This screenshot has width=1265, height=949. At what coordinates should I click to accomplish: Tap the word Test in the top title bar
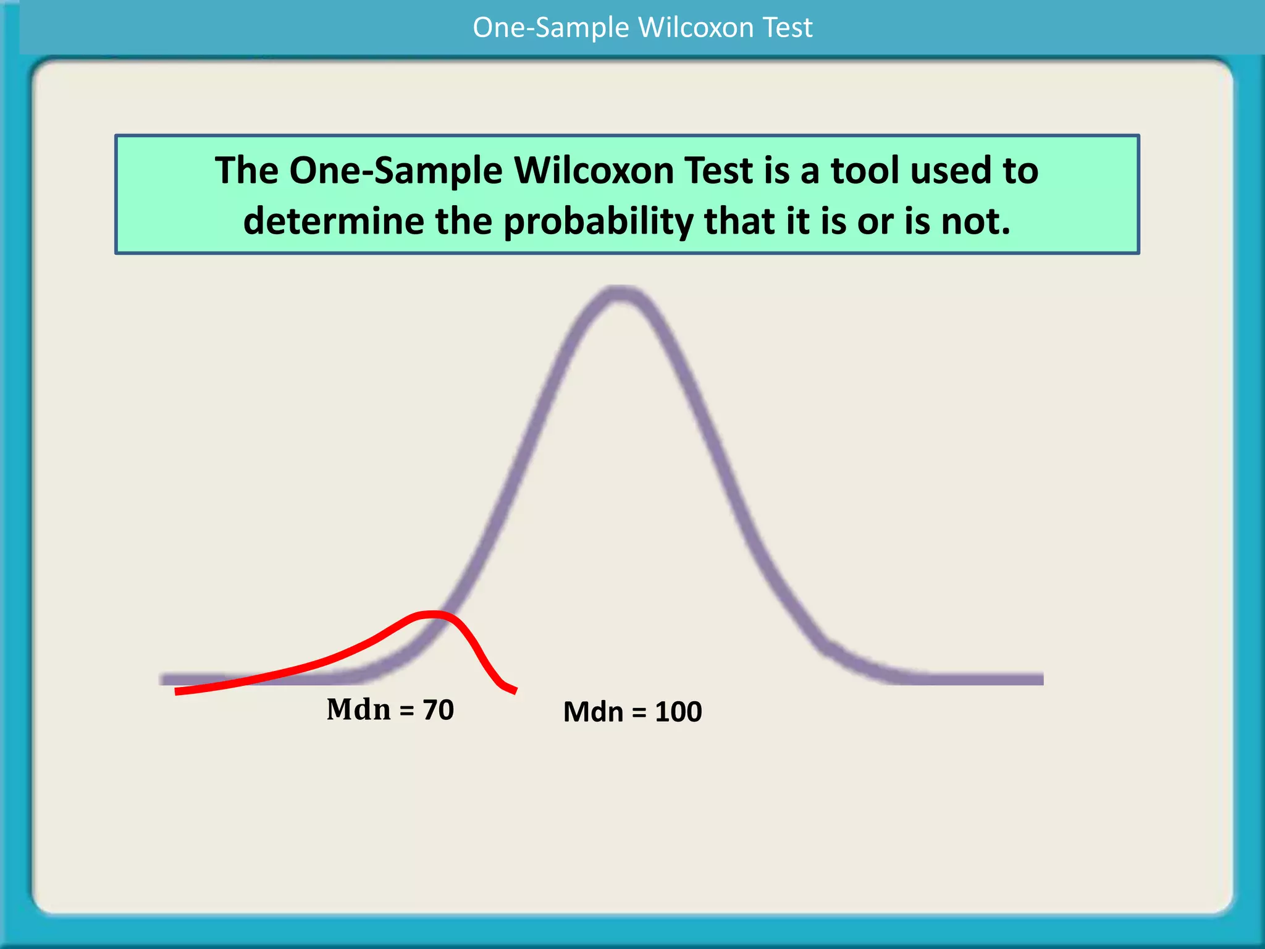click(x=788, y=28)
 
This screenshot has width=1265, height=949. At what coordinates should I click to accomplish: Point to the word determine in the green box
click(x=334, y=221)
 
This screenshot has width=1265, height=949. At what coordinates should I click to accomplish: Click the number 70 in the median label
click(x=439, y=710)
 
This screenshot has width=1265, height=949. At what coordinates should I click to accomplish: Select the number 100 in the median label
click(x=678, y=712)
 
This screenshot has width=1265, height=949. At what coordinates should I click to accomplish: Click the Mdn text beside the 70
click(x=359, y=709)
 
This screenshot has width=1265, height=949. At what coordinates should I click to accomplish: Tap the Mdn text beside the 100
click(x=593, y=712)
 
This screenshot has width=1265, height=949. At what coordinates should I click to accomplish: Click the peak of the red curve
click(x=432, y=614)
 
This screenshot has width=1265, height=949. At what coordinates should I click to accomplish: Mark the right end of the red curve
click(x=515, y=691)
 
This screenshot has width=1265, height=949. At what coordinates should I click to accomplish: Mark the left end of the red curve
click(x=177, y=691)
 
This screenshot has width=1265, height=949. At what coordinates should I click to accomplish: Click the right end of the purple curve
click(x=1041, y=679)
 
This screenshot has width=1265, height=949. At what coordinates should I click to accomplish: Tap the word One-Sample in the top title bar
click(x=550, y=28)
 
